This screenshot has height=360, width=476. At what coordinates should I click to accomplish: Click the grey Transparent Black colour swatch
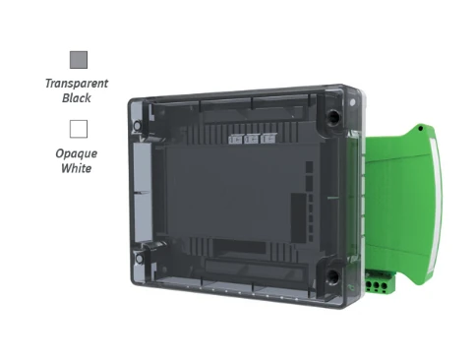(x=79, y=60)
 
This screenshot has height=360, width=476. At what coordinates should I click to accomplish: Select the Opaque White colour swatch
(x=79, y=129)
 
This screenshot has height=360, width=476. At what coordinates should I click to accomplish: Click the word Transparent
(x=77, y=84)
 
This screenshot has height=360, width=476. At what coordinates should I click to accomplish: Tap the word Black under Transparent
(x=77, y=98)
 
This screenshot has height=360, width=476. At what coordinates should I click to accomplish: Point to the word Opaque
(x=77, y=153)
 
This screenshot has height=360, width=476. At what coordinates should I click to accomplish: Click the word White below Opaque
(x=77, y=168)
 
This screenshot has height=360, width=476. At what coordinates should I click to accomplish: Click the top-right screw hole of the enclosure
(x=333, y=116)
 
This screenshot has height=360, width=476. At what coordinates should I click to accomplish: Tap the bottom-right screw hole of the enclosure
(x=332, y=276)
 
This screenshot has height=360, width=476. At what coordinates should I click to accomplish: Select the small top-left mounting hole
(x=137, y=125)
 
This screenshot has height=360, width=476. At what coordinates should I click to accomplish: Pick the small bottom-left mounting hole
(x=139, y=259)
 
